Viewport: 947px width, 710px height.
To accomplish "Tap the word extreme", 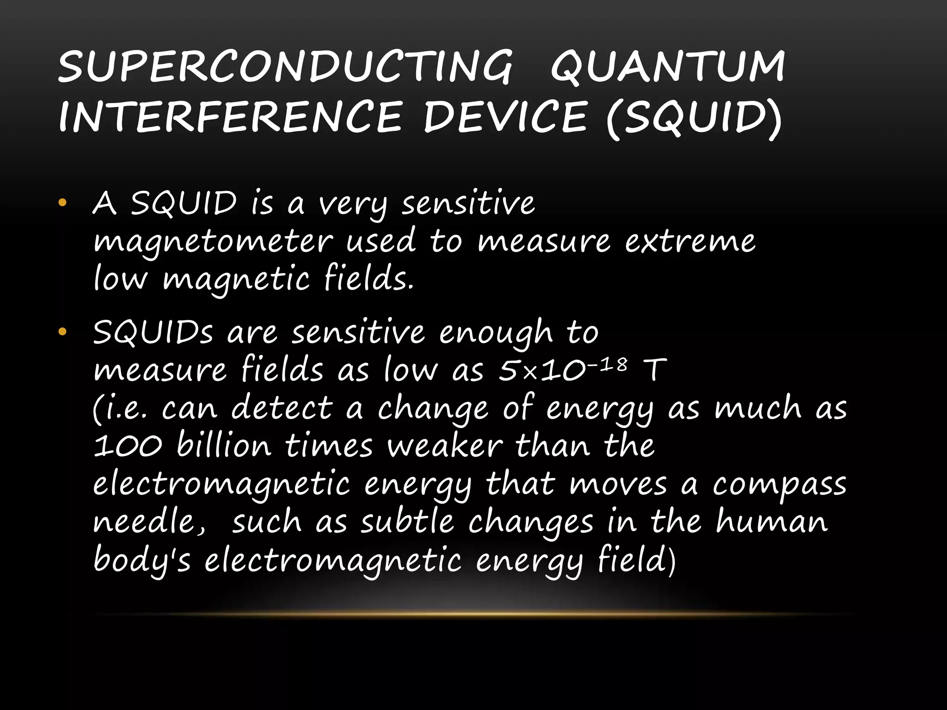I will tap(690, 242).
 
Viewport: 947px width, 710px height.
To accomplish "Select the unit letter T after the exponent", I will tap(655, 370).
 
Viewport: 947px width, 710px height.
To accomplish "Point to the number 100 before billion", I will tap(128, 446).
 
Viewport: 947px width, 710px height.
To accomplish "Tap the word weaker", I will tap(444, 446).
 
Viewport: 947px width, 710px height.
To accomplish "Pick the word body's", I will tap(141, 561).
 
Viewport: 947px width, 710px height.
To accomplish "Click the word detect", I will tap(282, 408).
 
